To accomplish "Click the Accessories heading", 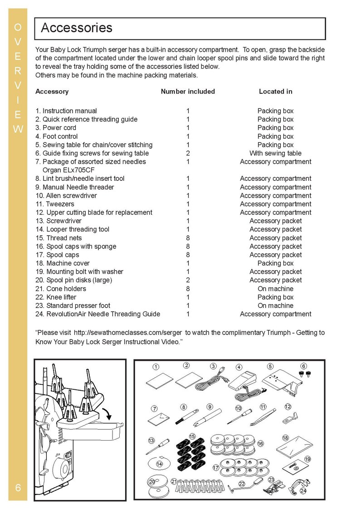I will click(77, 28).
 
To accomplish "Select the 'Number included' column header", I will click(188, 92).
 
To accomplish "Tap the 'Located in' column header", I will click(275, 92).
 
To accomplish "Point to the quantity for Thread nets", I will click(188, 238).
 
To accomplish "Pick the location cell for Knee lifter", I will click(275, 297).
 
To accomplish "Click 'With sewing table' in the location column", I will click(275, 153).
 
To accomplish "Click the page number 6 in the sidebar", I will click(18, 488).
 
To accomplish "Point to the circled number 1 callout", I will click(156, 367).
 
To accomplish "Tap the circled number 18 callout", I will click(285, 438).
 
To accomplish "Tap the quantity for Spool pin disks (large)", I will click(188, 280).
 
